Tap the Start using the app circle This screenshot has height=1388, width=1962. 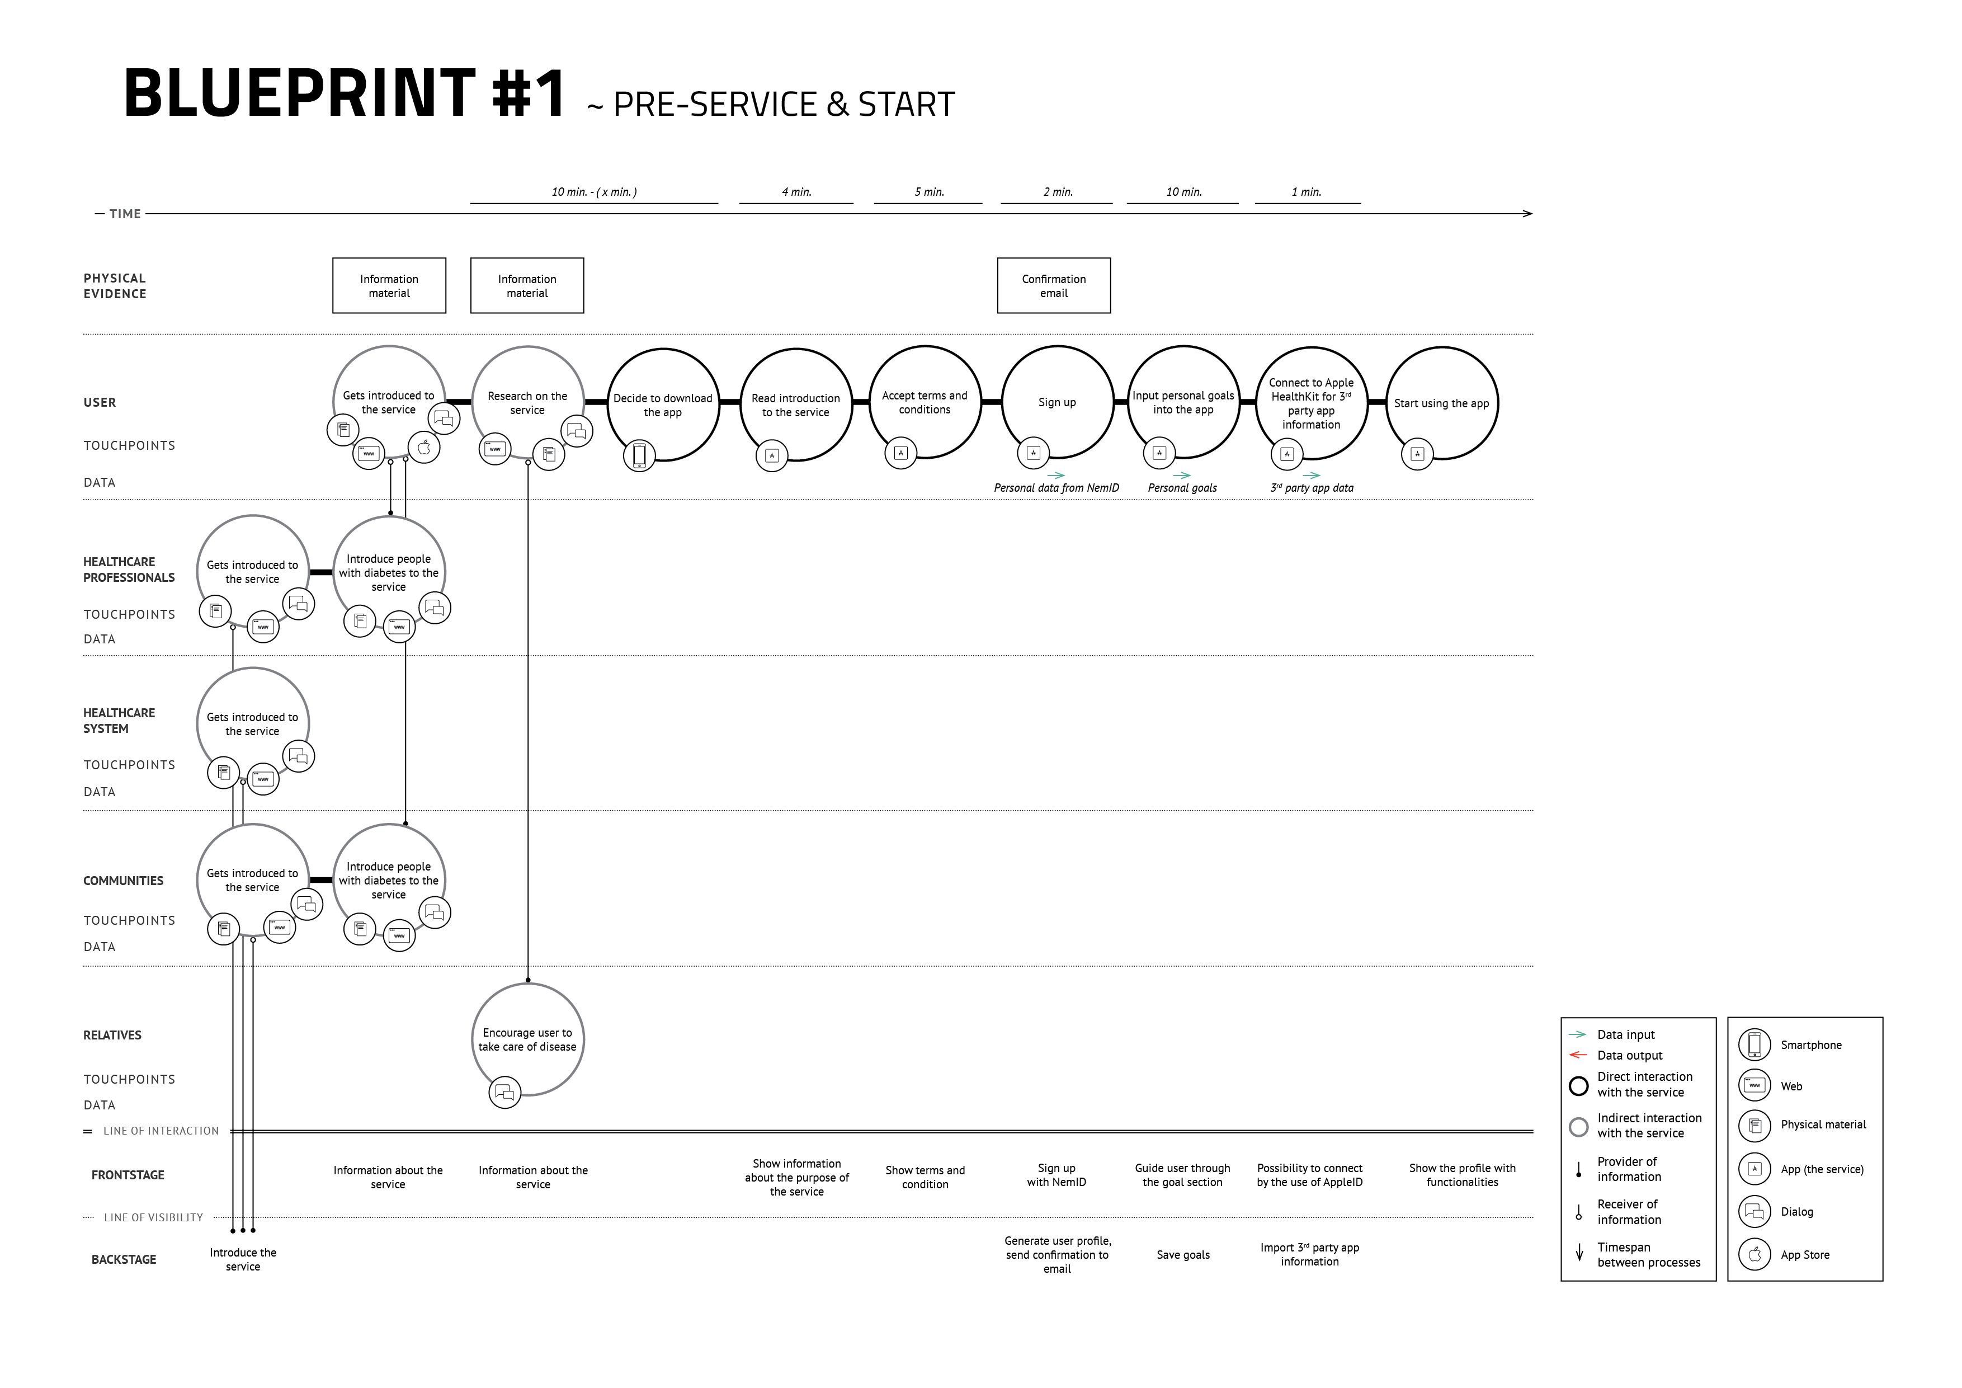[x=1442, y=349]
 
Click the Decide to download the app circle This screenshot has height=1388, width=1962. [x=663, y=350]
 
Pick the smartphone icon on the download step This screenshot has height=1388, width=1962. [x=639, y=455]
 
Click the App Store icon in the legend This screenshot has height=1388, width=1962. [x=1755, y=1255]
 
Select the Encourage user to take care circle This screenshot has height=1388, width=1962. [x=528, y=985]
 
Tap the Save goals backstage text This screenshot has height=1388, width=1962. [x=1183, y=1255]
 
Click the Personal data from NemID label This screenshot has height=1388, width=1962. [x=1056, y=488]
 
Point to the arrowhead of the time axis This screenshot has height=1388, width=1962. [x=1532, y=214]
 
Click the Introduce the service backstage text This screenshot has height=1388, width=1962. [x=243, y=1260]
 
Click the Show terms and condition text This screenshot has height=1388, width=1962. [x=926, y=1177]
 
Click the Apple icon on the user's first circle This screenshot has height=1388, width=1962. [x=424, y=447]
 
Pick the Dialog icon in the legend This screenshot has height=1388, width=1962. [x=1755, y=1211]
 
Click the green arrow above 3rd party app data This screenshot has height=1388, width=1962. [x=1311, y=475]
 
